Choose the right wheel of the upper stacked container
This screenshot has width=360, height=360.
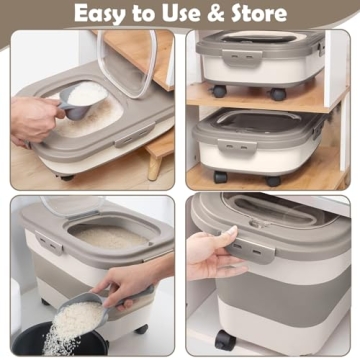click(278, 94)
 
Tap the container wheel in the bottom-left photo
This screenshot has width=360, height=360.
click(141, 329)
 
